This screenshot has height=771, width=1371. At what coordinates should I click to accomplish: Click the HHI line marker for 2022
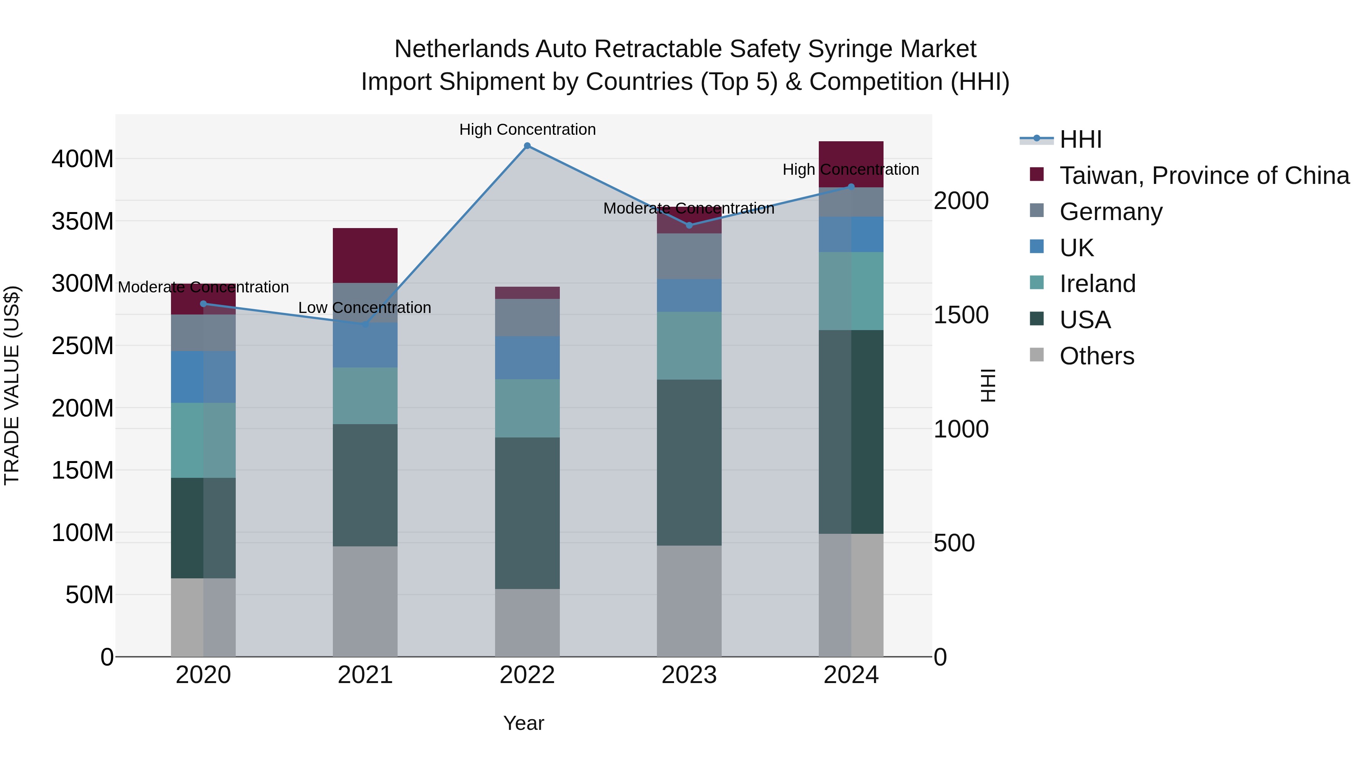(527, 146)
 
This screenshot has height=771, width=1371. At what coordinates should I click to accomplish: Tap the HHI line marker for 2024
(851, 187)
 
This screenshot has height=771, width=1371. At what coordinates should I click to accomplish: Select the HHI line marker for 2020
(203, 304)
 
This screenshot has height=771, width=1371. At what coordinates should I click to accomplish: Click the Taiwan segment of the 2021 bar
(365, 255)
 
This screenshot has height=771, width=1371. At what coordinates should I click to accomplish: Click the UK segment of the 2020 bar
(203, 377)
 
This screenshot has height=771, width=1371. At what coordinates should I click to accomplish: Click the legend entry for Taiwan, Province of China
(1204, 176)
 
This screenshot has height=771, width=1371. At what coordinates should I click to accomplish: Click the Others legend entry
(1096, 356)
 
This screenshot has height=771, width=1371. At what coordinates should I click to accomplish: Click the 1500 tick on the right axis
(961, 315)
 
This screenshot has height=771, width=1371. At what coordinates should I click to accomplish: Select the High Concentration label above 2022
(527, 129)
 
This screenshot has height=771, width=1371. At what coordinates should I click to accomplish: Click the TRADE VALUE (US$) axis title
(12, 385)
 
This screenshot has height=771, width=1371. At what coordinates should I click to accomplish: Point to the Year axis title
(524, 723)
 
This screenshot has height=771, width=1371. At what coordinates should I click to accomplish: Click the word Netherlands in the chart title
(461, 49)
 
